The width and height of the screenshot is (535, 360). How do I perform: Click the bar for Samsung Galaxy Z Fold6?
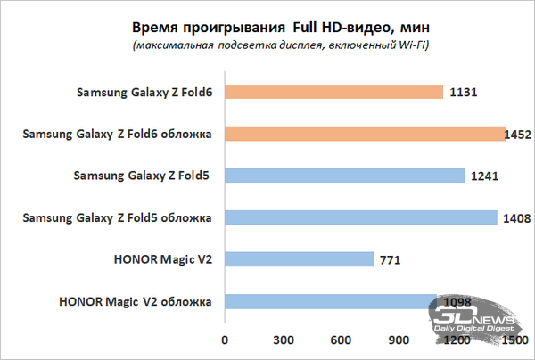(333, 92)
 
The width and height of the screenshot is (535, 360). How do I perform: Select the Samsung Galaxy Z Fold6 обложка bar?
(366, 134)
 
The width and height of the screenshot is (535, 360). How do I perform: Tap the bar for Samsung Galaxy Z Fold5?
(344, 176)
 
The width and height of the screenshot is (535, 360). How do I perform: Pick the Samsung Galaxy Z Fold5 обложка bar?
(360, 217)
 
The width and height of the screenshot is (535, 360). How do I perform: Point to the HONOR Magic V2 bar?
(299, 259)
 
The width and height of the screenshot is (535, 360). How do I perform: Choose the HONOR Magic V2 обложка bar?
(330, 301)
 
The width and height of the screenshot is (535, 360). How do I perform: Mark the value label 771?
(391, 259)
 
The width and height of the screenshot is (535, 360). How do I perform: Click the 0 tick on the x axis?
(225, 340)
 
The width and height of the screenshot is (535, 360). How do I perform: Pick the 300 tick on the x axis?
(284, 340)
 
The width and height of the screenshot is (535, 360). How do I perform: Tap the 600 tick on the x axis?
(342, 340)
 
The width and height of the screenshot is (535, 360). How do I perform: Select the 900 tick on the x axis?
(400, 340)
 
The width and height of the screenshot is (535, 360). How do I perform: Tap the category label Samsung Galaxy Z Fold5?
(142, 176)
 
